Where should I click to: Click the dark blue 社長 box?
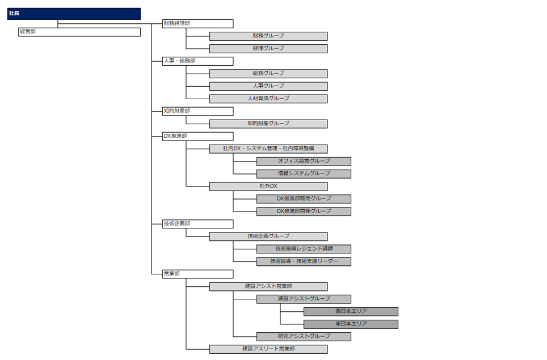pyautogui.click(x=74, y=14)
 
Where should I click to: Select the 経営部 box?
pyautogui.click(x=79, y=32)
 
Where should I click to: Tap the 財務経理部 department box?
pyautogui.click(x=198, y=24)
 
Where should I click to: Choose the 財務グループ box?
pyautogui.click(x=268, y=36)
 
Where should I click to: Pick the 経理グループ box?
pyautogui.click(x=268, y=49)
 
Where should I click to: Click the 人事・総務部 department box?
pyautogui.click(x=198, y=61)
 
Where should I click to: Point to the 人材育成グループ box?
pyautogui.click(x=268, y=99)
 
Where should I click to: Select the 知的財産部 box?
pyautogui.click(x=198, y=112)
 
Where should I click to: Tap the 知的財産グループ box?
pyautogui.click(x=268, y=124)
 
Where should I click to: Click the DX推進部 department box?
pyautogui.click(x=198, y=137)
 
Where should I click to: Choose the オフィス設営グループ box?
pyautogui.click(x=304, y=162)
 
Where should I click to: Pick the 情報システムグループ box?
pyautogui.click(x=304, y=174)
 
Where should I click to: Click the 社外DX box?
pyautogui.click(x=268, y=187)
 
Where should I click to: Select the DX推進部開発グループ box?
pyautogui.click(x=304, y=211)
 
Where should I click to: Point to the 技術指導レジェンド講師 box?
pyautogui.click(x=304, y=249)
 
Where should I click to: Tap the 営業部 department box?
pyautogui.click(x=198, y=274)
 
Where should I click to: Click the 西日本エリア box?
pyautogui.click(x=351, y=312)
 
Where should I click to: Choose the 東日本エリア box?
pyautogui.click(x=351, y=324)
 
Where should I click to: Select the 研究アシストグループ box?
pyautogui.click(x=304, y=337)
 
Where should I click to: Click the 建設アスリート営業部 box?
pyautogui.click(x=268, y=349)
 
